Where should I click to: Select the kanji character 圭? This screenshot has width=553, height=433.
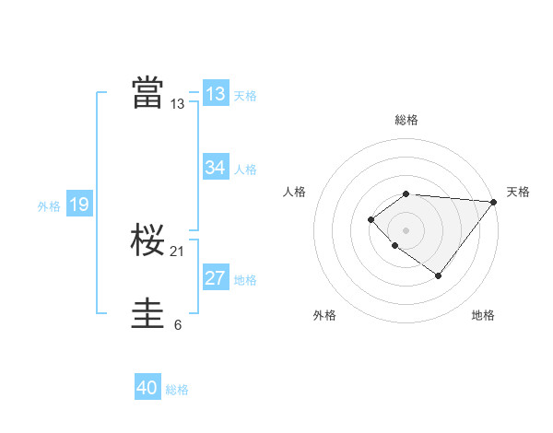click(x=147, y=313)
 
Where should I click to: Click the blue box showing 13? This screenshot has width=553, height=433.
click(x=216, y=94)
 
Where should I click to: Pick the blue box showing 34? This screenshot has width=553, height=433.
click(x=216, y=168)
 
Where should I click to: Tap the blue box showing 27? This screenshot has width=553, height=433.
click(x=216, y=279)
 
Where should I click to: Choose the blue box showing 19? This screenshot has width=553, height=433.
click(x=79, y=205)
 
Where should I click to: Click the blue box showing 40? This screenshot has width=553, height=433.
click(x=147, y=388)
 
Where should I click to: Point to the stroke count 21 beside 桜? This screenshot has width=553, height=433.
click(x=178, y=252)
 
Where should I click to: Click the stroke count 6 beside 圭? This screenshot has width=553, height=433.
click(x=178, y=324)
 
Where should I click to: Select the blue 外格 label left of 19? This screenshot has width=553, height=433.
click(x=49, y=206)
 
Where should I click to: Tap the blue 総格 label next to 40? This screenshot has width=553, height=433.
click(x=177, y=390)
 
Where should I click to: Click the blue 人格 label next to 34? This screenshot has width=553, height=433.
click(x=245, y=170)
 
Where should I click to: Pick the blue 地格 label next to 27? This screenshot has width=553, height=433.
click(x=245, y=280)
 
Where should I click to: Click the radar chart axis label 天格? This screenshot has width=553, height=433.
click(x=518, y=192)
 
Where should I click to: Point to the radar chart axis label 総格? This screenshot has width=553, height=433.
click(x=406, y=120)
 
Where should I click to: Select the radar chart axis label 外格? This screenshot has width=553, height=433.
click(x=324, y=315)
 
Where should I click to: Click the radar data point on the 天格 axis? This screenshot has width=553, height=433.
click(x=494, y=202)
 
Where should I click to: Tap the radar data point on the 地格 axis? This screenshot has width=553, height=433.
click(x=439, y=275)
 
